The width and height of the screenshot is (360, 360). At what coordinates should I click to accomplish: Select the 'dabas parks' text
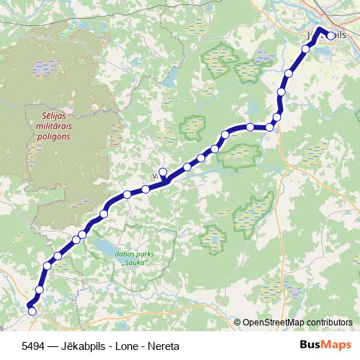click(x=135, y=254)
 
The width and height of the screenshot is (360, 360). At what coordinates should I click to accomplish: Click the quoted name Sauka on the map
click(x=135, y=263)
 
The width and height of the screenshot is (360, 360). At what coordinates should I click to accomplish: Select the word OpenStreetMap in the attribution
click(x=271, y=322)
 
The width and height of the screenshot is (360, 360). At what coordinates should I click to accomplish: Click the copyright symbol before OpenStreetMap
click(x=237, y=322)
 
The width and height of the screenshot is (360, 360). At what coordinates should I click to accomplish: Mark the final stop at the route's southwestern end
click(x=31, y=310)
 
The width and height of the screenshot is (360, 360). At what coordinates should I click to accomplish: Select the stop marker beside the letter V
click(x=163, y=172)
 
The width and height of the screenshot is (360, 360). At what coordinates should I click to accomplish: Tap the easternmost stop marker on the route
click(x=331, y=35)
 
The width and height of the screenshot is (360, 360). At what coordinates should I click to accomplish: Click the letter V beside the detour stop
click(x=155, y=175)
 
